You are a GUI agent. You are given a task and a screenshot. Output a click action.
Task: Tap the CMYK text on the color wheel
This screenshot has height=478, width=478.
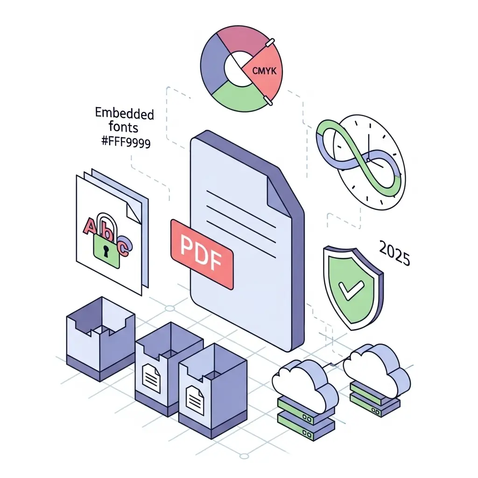pyautogui.click(x=263, y=71)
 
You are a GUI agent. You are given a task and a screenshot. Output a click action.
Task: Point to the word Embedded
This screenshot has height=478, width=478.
pyautogui.click(x=124, y=113)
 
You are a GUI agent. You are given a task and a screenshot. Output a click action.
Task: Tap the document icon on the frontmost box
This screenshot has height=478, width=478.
pyautogui.click(x=195, y=397)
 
